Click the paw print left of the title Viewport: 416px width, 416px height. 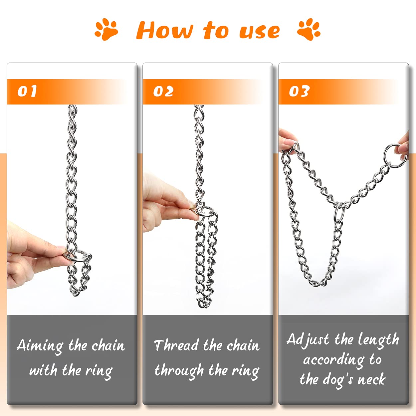[x=106, y=29]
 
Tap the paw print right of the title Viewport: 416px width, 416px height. [x=309, y=29]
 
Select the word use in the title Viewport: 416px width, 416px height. [x=259, y=31]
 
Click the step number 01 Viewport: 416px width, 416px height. [x=27, y=91]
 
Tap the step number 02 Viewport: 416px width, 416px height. [x=163, y=91]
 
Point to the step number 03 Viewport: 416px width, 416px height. [x=299, y=91]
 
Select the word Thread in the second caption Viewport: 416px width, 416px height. [x=176, y=345]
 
